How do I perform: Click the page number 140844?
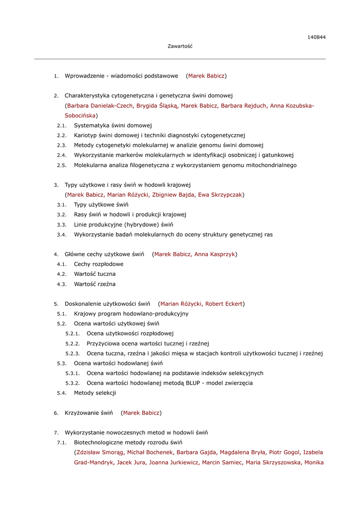[316, 37]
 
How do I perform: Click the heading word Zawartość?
[180, 46]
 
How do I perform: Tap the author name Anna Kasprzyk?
[215, 254]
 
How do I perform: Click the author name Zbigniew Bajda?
[173, 195]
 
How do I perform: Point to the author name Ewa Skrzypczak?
[220, 195]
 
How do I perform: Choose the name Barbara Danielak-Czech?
[100, 105]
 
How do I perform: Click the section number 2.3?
[62, 145]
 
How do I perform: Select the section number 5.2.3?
[73, 353]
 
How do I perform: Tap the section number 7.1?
[62, 442]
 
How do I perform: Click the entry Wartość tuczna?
[94, 274]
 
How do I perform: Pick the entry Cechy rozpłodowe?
[98, 264]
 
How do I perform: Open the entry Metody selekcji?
[95, 393]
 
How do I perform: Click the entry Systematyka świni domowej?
[113, 125]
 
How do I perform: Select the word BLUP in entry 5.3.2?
[193, 383]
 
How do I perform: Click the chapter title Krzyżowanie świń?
[89, 413]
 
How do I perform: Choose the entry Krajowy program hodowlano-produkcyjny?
[131, 314]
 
